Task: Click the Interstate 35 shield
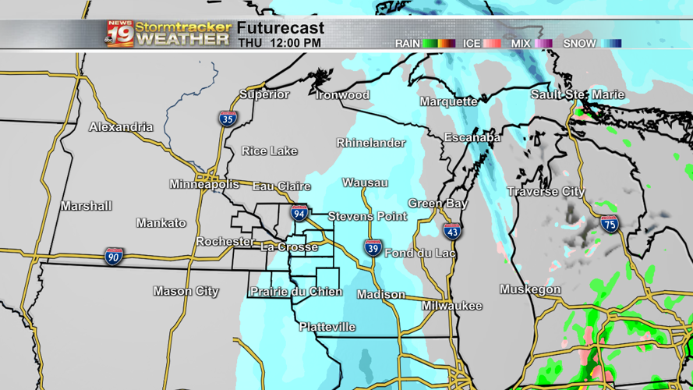coord(228,119)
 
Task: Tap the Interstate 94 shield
coord(299,213)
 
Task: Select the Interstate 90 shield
coord(114,257)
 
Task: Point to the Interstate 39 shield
coord(373,249)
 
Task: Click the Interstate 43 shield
coord(452,231)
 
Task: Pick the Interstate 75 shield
coord(610,225)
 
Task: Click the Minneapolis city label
coord(204,185)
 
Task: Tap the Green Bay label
coord(437,204)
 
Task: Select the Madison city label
coord(381,295)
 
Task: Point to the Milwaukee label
coord(452,306)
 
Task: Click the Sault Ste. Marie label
coord(578,94)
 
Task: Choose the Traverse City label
coord(546,192)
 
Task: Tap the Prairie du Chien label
coord(295,292)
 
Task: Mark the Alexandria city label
coord(121,127)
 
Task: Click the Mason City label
coord(186,292)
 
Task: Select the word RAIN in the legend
coord(407,44)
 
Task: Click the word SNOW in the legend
coord(579,44)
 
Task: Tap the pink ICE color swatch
coord(492,44)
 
